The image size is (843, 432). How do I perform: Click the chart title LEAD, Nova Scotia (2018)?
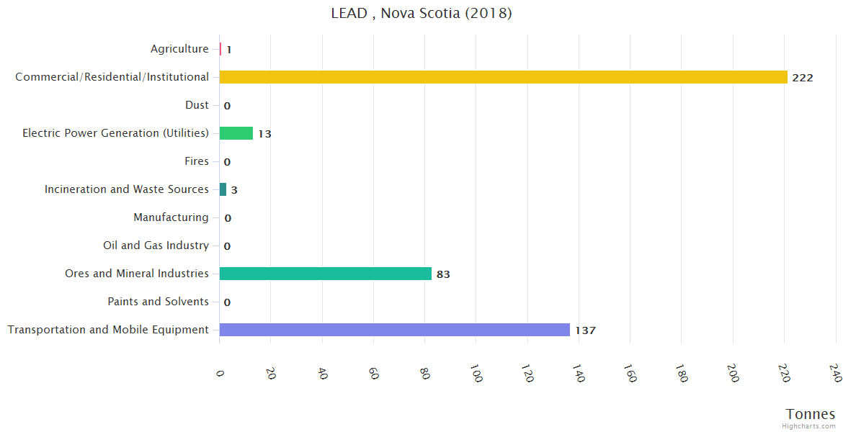pos(421,13)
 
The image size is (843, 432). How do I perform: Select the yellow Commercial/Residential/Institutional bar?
pos(503,77)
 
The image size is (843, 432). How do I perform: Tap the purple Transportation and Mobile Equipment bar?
pos(394,330)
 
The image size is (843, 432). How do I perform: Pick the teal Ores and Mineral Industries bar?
pos(325,274)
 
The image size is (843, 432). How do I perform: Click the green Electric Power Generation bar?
pos(236,133)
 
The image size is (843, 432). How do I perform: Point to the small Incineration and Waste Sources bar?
pos(223,189)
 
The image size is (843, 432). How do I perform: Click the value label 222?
pos(802,78)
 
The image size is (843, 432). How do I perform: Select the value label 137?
pos(585,330)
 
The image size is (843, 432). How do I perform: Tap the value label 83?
pos(443,274)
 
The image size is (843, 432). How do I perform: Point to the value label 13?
pos(264,134)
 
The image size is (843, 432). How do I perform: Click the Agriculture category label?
pos(179,49)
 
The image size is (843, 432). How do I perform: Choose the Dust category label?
pos(197,105)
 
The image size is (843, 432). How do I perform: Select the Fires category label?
pos(196,161)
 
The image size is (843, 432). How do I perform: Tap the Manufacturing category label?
pos(171,217)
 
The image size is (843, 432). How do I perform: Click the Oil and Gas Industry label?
pos(156,246)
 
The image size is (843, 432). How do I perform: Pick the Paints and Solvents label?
pos(158,302)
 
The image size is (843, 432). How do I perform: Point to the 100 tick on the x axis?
pos(476,374)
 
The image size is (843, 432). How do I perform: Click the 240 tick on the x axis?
pos(835,373)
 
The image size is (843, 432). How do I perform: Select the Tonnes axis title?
pos(811,414)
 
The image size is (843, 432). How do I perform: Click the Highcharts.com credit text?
pos(809,426)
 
